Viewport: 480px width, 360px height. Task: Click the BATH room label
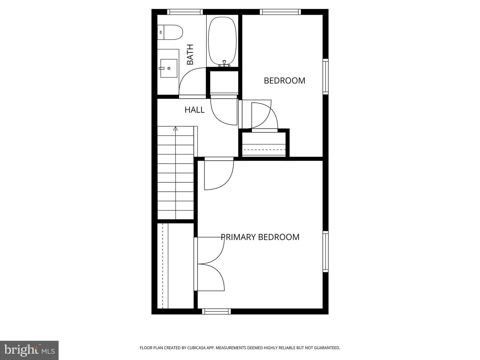point(190,55)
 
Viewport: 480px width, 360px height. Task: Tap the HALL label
point(194,110)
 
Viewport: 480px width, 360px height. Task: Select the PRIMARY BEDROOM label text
point(260,237)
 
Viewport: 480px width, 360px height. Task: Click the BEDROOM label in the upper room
point(284,81)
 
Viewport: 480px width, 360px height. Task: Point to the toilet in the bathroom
point(170,32)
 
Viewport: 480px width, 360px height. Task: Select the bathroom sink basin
point(169,68)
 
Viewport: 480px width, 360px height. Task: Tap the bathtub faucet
point(224,63)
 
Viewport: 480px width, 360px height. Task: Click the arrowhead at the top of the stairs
point(175,128)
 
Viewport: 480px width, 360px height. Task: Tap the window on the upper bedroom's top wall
point(280,12)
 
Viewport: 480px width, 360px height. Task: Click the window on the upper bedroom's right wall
point(326,76)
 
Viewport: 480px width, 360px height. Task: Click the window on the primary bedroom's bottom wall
point(216,311)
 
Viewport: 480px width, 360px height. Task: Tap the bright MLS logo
point(29,350)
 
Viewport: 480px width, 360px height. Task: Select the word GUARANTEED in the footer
point(326,348)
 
